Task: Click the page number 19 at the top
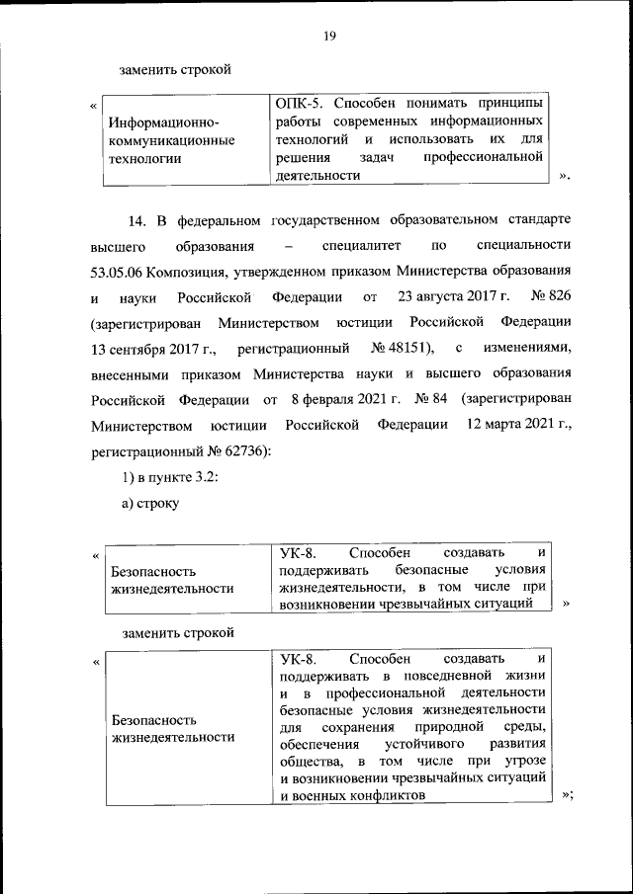pos(330,37)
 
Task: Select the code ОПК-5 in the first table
pos(295,104)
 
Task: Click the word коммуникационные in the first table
pos(173,140)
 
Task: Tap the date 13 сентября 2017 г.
pos(149,349)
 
